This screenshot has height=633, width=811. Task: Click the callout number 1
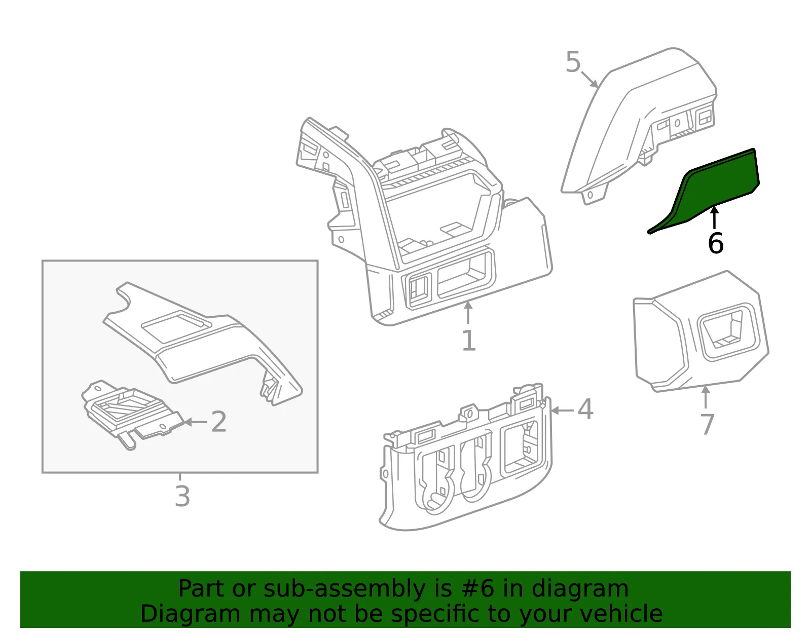click(469, 340)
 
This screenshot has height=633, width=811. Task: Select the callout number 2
click(218, 422)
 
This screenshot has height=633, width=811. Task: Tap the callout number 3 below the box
click(182, 496)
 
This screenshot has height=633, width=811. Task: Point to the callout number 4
click(585, 409)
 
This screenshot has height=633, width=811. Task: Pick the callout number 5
click(573, 62)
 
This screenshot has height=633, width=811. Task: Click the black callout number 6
click(716, 243)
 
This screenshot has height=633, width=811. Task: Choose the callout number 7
click(707, 424)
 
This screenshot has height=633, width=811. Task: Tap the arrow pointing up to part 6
click(714, 217)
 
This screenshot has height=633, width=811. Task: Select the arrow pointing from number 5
click(589, 79)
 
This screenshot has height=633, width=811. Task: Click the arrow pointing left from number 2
click(196, 422)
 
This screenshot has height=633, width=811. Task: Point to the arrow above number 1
click(468, 313)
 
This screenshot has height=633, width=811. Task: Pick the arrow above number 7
click(706, 398)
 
